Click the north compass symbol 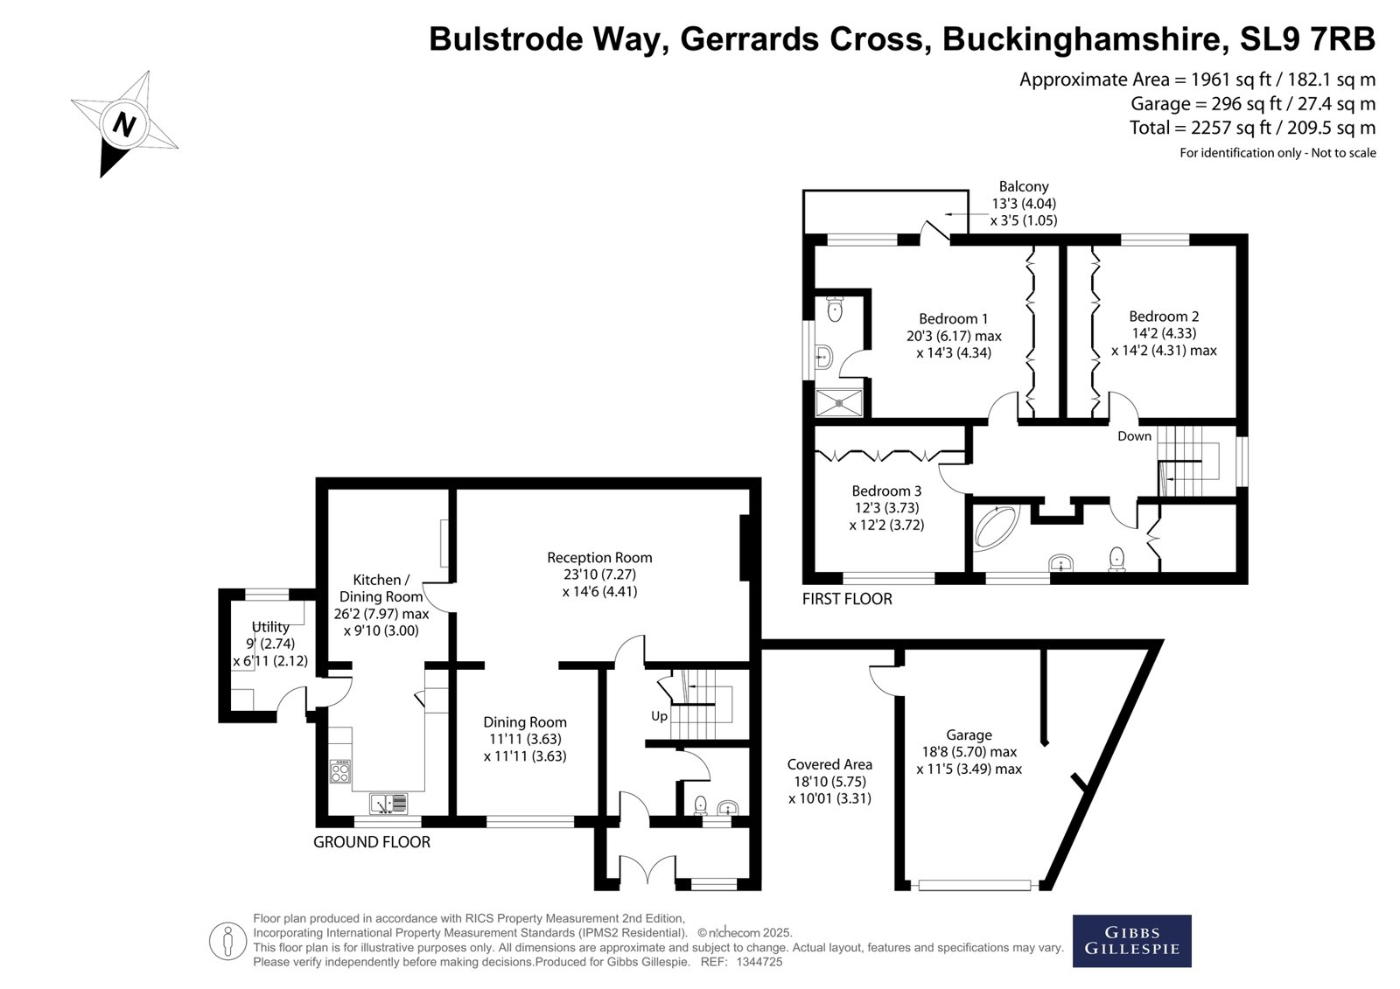click(x=123, y=123)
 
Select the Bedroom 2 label click(x=1164, y=317)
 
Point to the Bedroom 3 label click(x=886, y=491)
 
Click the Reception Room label click(x=599, y=557)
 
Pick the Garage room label click(x=969, y=735)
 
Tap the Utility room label click(x=270, y=627)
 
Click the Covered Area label click(x=829, y=764)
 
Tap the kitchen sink click(x=388, y=803)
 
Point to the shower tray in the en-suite click(x=839, y=403)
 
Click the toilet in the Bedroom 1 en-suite click(x=835, y=308)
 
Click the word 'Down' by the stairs click(x=1134, y=436)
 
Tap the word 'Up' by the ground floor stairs click(x=659, y=716)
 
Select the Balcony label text click(x=1024, y=186)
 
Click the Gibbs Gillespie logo click(x=1131, y=941)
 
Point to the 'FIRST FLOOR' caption click(x=847, y=599)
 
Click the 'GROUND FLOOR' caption click(x=372, y=842)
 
